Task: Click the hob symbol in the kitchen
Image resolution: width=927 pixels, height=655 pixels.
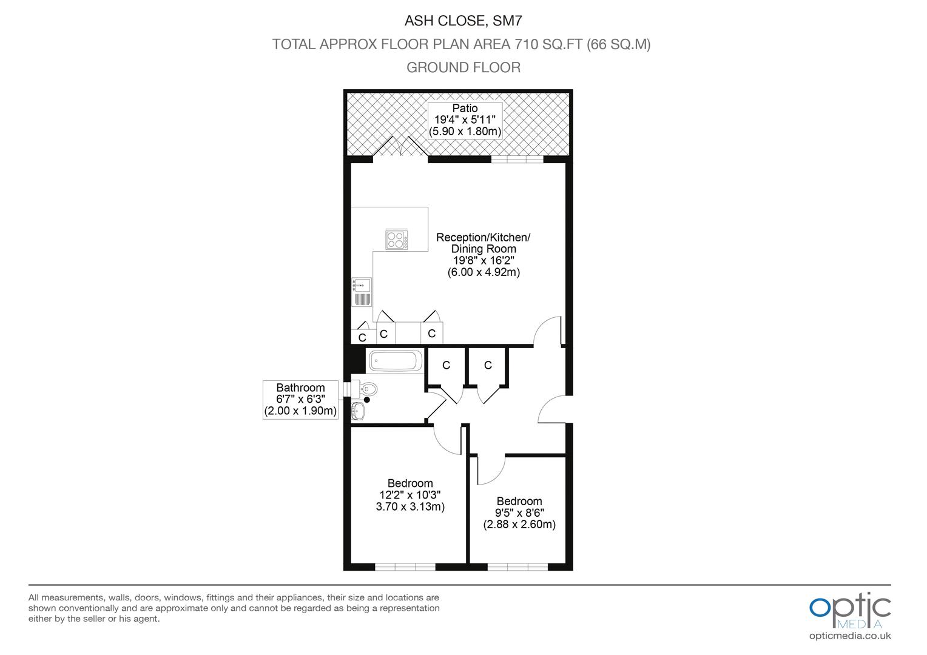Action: point(397,240)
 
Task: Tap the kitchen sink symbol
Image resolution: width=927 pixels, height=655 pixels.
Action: point(362,292)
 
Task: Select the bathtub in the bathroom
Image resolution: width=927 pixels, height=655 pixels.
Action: point(396,361)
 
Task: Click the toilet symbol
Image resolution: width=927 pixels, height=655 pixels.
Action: point(366,389)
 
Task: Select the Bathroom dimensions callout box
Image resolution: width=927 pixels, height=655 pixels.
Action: point(300,400)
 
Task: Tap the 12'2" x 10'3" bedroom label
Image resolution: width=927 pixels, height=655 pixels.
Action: point(410,495)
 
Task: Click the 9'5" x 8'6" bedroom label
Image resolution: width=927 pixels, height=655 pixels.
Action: point(519,512)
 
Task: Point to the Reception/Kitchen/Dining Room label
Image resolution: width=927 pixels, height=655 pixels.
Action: point(484,254)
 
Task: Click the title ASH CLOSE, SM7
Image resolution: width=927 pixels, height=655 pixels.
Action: point(463,21)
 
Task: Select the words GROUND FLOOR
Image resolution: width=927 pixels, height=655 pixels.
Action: point(463,67)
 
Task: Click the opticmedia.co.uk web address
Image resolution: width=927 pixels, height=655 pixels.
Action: point(849,636)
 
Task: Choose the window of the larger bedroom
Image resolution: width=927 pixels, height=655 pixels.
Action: point(405,567)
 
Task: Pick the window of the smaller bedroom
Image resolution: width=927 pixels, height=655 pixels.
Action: point(517,567)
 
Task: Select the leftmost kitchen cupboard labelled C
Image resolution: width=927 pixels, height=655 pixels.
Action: point(362,337)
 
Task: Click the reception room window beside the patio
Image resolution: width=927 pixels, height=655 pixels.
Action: point(517,160)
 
